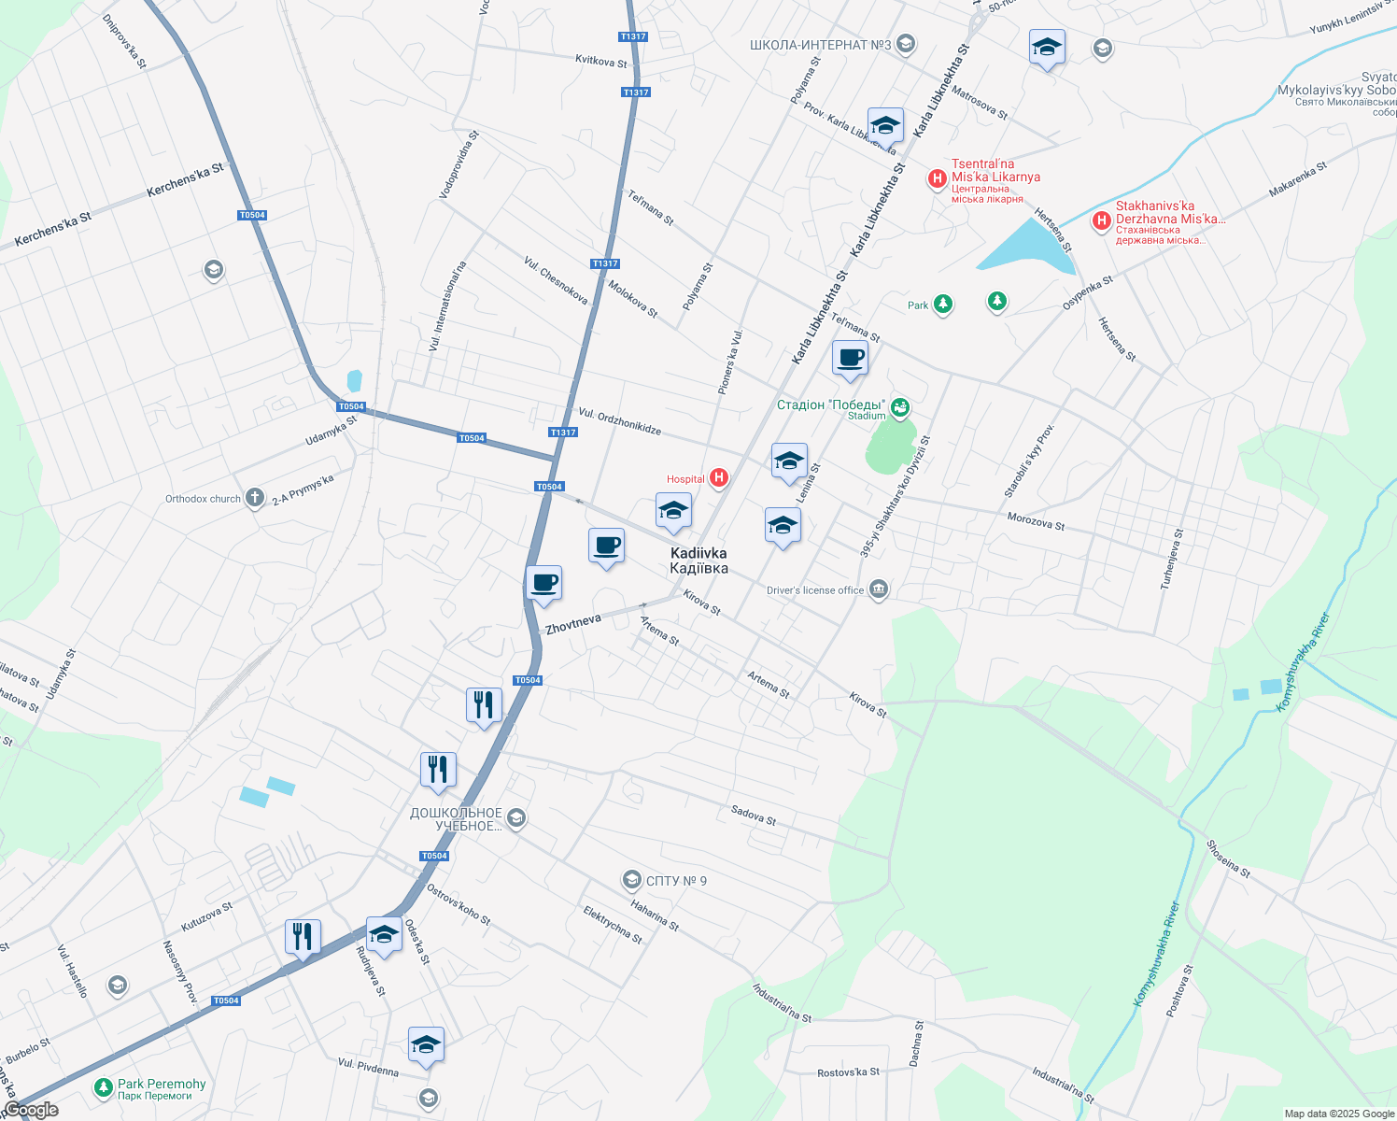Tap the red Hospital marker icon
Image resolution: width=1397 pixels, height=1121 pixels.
point(719,478)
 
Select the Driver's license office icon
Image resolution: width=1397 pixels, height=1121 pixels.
point(879,589)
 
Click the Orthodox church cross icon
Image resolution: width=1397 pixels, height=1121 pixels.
point(254,498)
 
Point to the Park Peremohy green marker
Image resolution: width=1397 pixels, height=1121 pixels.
point(103,1087)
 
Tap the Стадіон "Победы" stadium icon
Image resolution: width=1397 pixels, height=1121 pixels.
point(900,406)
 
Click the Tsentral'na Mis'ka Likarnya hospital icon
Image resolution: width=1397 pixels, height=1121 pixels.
point(938,177)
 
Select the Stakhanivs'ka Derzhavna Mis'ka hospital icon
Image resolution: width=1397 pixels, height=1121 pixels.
point(1102,220)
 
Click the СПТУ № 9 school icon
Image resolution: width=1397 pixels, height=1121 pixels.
point(632,880)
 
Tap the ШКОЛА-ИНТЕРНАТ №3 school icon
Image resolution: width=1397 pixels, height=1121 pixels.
point(905,44)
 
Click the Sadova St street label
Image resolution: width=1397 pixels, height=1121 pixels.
point(754,815)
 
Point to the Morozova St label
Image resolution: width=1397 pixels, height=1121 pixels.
point(1036,521)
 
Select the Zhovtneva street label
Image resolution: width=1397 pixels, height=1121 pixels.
point(573,624)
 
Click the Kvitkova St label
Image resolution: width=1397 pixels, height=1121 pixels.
point(601,61)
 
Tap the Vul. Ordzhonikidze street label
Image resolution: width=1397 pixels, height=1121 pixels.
point(620,421)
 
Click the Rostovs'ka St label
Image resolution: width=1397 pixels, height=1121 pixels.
point(848,1071)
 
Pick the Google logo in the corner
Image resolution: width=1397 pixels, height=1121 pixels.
point(31,1110)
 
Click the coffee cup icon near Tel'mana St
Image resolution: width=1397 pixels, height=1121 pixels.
point(850,358)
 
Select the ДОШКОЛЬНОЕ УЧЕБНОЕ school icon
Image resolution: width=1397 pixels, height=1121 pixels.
point(517,818)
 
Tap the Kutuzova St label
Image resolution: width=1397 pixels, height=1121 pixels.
point(206,916)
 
